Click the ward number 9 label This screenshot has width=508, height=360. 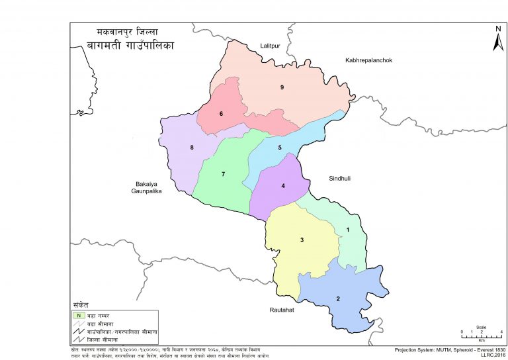click(x=282, y=87)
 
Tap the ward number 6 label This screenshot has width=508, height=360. click(x=221, y=114)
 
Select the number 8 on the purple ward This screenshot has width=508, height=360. click(x=192, y=147)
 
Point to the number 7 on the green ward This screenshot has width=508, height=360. click(x=224, y=174)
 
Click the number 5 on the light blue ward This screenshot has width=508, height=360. click(x=280, y=148)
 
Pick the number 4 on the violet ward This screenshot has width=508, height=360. click(x=283, y=186)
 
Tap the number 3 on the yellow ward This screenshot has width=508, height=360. click(x=302, y=240)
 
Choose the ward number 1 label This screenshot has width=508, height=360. click(x=348, y=230)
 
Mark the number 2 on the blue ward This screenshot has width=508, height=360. click(x=338, y=299)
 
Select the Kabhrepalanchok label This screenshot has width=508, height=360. click(x=369, y=60)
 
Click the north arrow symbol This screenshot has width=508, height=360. click(x=497, y=40)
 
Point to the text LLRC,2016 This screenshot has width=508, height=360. click(x=490, y=355)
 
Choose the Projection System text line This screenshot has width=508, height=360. click(x=450, y=349)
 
